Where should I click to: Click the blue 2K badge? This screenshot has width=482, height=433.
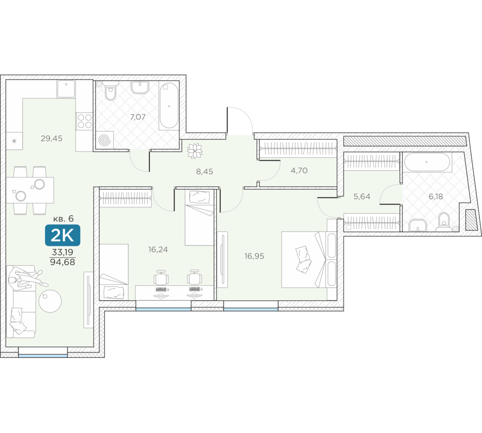pos(63,235)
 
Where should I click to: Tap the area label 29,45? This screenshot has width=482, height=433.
pos(52,139)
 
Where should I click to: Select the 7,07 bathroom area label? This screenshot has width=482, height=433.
pos(138,117)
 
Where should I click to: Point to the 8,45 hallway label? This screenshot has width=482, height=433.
pos(205,172)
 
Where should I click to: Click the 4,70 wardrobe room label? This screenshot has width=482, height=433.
pos(299,170)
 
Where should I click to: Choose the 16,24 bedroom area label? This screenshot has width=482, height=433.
pos(158,250)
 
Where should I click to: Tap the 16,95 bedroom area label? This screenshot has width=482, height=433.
pos(254,256)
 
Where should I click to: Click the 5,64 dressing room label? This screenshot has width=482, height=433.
pos(362,196)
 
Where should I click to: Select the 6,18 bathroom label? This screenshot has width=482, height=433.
pos(436,196)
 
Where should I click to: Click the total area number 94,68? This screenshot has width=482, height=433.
pos(62,262)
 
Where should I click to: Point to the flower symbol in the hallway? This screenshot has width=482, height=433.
pos(195,151)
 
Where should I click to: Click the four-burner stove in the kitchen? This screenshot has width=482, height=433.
pos(84,121)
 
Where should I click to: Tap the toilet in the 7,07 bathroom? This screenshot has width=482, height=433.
pos(110,91)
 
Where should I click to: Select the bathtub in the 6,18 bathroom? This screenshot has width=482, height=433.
pos(427,162)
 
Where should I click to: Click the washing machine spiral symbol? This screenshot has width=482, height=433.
pos(105,140)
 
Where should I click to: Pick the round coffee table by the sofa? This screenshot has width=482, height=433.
pos(50,301)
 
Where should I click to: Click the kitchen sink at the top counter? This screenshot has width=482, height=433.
pos(66,89)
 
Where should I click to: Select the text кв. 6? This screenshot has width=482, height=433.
pos(63,218)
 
